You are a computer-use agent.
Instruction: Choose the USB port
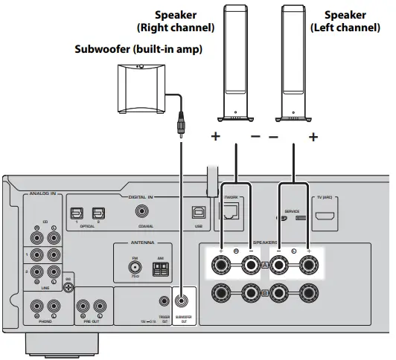(197, 213)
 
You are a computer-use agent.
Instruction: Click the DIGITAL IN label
(140, 197)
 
